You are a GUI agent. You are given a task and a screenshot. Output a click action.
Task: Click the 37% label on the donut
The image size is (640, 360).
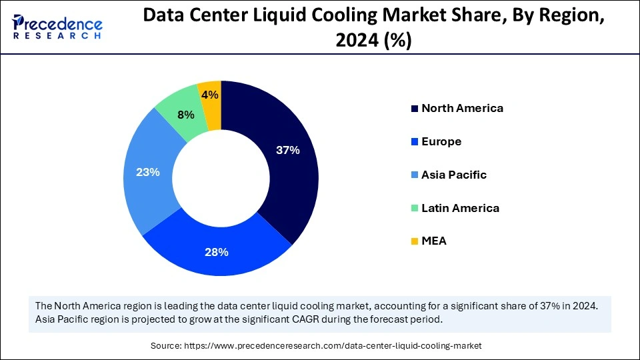pyautogui.click(x=288, y=151)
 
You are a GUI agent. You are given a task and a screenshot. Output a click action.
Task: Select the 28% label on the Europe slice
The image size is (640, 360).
pyautogui.click(x=217, y=252)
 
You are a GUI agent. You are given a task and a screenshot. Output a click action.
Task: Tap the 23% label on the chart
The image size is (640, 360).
pyautogui.click(x=147, y=172)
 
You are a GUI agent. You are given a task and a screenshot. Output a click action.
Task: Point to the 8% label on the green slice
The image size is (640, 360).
pyautogui.click(x=185, y=115)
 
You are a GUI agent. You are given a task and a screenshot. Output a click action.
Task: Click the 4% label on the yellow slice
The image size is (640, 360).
pyautogui.click(x=210, y=95)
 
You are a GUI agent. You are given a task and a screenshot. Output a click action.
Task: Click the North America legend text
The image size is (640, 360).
pyautogui.click(x=462, y=108)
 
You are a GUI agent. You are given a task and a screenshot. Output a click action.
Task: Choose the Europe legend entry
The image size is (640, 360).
pyautogui.click(x=441, y=141)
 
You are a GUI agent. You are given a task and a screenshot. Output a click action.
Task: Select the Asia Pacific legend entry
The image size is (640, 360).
pyautogui.click(x=454, y=175)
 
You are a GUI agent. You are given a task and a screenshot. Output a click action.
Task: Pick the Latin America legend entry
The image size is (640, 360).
pyautogui.click(x=460, y=208)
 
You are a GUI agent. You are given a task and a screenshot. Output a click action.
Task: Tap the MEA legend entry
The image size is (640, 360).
pyautogui.click(x=434, y=241)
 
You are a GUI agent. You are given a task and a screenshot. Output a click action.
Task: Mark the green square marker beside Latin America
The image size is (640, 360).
pyautogui.click(x=415, y=209)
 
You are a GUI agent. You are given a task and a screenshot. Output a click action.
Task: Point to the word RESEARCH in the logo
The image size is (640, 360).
pyautogui.click(x=57, y=35)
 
